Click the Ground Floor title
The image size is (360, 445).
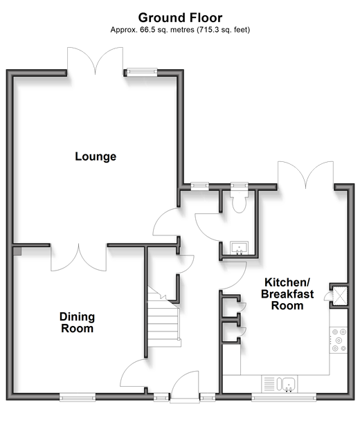(180, 17)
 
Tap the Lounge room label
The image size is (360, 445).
(96, 156)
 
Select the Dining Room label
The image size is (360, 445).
(78, 323)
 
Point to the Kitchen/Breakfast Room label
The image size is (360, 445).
(287, 294)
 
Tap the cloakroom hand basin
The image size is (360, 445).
(239, 248)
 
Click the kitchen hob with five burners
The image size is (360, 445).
(339, 340)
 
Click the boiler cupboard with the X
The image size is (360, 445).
(340, 296)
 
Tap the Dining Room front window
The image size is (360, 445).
(78, 397)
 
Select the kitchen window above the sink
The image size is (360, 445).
(284, 397)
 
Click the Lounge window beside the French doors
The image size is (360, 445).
(142, 72)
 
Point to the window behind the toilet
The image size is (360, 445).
(239, 186)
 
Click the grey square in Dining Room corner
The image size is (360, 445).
(17, 251)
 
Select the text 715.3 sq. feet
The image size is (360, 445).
(224, 30)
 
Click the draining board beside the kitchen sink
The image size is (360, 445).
(269, 383)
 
